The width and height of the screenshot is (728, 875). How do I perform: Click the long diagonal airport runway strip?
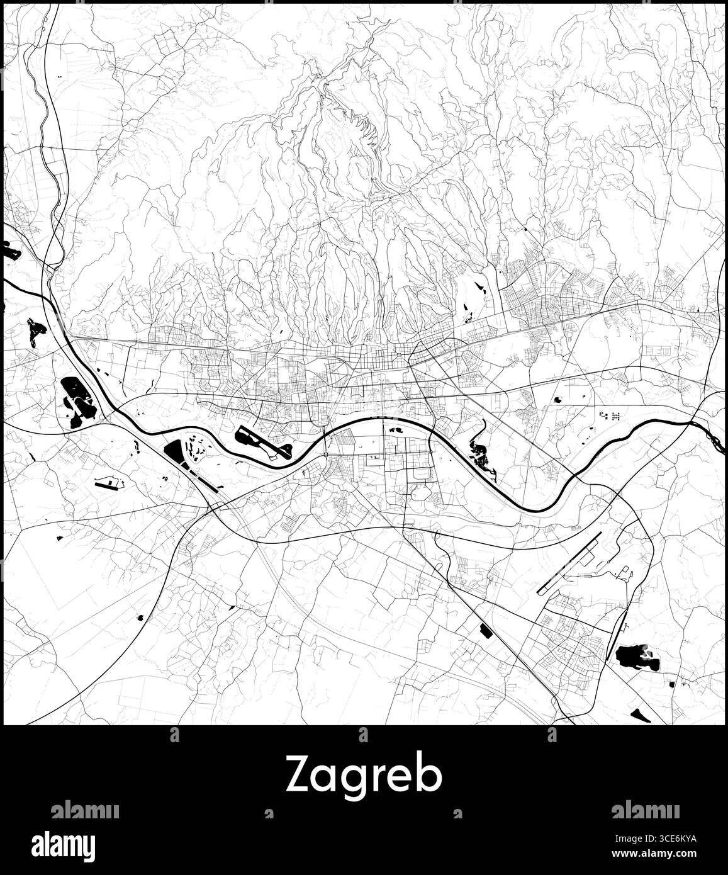coord(571,562)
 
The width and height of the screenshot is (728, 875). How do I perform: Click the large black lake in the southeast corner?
coord(637,657)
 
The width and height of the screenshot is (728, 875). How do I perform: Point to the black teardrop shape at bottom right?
coord(640,714)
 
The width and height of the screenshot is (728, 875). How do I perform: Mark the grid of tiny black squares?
coord(609,415)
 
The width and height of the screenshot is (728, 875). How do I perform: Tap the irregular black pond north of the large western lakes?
coord(35,328)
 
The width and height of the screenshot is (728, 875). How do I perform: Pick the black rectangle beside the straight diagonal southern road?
coord(485,629)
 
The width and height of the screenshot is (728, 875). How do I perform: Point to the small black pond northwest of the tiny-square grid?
coord(557,398)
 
